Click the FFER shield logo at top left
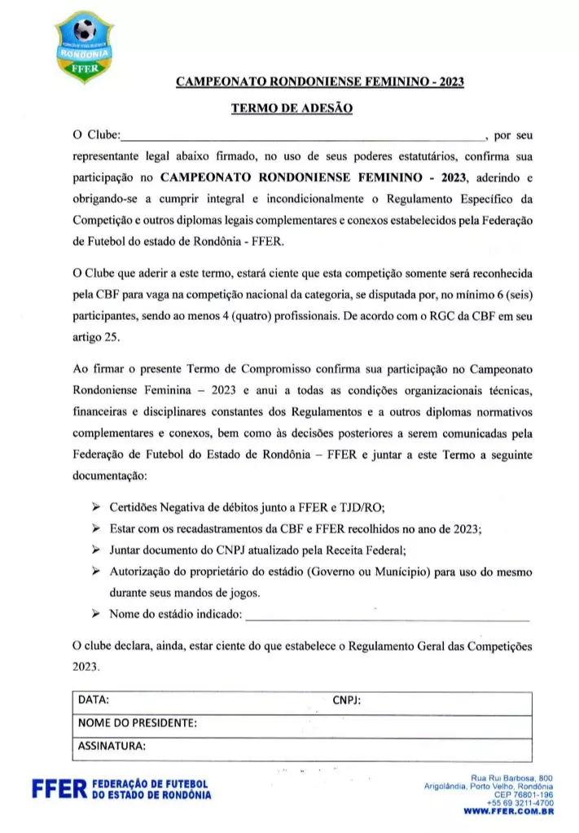[x=86, y=46]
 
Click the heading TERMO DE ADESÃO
[x=291, y=107]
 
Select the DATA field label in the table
[x=94, y=699]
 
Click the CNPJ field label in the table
[x=347, y=699]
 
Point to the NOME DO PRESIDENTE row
[x=137, y=722]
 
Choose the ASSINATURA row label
[x=112, y=744]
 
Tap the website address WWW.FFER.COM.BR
[x=509, y=812]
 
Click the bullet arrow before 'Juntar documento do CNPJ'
[x=96, y=550]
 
